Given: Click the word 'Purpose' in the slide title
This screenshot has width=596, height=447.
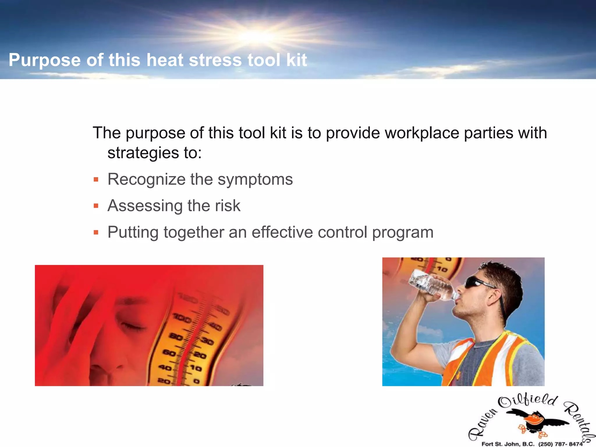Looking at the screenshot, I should [x=45, y=60].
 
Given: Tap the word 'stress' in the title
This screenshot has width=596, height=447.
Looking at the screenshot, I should [x=215, y=60].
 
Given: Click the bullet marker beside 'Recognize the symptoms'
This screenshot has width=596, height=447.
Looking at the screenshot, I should [x=96, y=180].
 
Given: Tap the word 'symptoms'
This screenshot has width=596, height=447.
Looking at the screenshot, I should [x=255, y=180].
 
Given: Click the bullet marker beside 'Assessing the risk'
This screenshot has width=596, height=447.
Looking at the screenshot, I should [x=96, y=206].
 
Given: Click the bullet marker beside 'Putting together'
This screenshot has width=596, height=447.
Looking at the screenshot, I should [x=96, y=232].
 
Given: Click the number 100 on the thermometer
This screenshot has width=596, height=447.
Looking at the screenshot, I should [x=182, y=318].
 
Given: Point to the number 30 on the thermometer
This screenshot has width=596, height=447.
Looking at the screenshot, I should [x=207, y=341].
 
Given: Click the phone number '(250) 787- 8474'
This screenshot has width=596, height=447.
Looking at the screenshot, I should [x=560, y=444].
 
